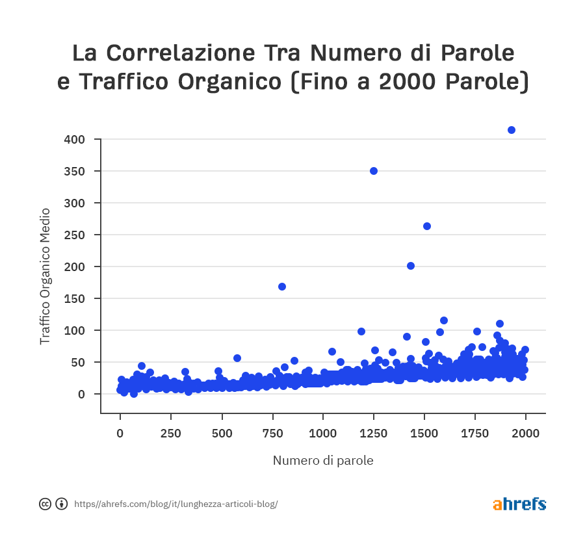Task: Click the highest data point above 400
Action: pyautogui.click(x=512, y=130)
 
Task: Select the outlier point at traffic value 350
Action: pyautogui.click(x=374, y=171)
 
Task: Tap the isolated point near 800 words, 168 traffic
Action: pyautogui.click(x=282, y=287)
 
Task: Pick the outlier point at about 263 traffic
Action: pyautogui.click(x=427, y=226)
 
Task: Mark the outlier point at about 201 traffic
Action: pyautogui.click(x=411, y=266)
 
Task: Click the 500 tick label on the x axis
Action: pyautogui.click(x=222, y=434)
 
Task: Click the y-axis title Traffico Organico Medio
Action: pyautogui.click(x=45, y=276)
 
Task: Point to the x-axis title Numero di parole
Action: pyautogui.click(x=323, y=461)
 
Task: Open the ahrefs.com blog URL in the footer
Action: pyautogui.click(x=176, y=504)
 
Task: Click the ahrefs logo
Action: pyautogui.click(x=519, y=504)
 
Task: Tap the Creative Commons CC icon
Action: pyautogui.click(x=45, y=504)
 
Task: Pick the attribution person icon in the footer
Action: pyautogui.click(x=62, y=504)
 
